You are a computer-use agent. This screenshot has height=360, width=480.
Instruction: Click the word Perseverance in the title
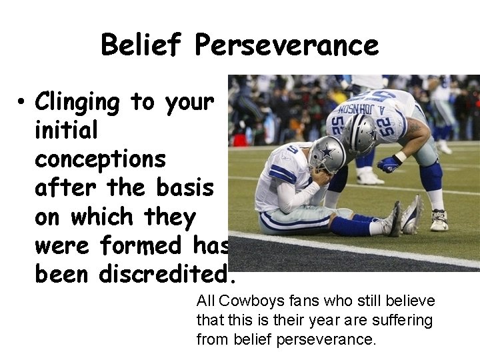click(287, 45)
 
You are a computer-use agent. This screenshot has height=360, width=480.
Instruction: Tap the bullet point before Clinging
click(22, 102)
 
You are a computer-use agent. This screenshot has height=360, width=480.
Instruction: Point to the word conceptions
click(100, 160)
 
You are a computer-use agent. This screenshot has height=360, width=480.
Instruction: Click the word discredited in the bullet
click(167, 274)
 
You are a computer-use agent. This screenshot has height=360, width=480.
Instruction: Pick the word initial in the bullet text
click(66, 131)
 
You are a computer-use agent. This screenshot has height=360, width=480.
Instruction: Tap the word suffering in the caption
click(403, 321)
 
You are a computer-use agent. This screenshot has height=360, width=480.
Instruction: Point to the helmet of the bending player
click(361, 133)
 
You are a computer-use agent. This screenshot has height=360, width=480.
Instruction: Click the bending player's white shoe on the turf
click(439, 219)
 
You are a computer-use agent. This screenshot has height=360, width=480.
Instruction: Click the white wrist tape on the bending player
click(401, 157)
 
